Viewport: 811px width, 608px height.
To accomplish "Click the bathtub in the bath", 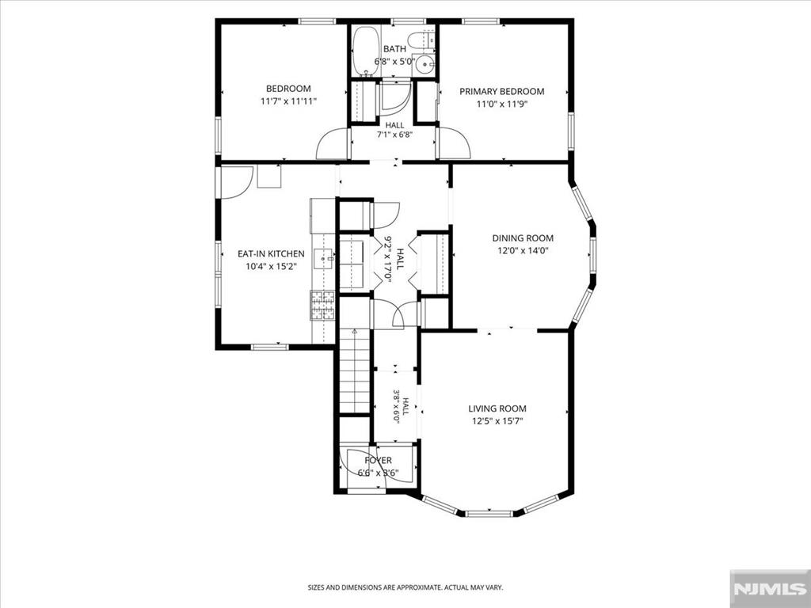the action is [x=366, y=51].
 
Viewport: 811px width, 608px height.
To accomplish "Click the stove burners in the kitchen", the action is [x=322, y=306].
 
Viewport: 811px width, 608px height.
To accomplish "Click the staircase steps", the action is [x=355, y=371].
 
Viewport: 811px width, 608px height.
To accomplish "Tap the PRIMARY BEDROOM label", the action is [x=501, y=92].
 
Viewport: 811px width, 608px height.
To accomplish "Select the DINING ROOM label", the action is [x=523, y=238].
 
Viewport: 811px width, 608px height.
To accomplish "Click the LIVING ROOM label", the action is [x=497, y=408].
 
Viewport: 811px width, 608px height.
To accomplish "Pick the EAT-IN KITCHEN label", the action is [x=271, y=254].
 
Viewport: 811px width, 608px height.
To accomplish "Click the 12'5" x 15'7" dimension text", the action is [x=497, y=421].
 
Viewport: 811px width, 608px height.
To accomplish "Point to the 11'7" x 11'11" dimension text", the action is [x=288, y=101].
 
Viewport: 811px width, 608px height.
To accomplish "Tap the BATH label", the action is [x=394, y=49].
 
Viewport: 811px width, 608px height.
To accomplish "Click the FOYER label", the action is [x=378, y=460].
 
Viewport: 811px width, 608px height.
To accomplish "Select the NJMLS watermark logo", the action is [x=770, y=589].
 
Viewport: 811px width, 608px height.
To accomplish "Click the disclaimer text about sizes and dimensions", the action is [x=405, y=587].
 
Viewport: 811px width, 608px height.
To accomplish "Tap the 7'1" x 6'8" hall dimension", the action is [x=394, y=135].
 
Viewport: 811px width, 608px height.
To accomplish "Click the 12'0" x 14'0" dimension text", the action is [x=523, y=251].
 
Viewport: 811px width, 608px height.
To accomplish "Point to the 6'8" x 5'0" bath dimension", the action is [x=394, y=62].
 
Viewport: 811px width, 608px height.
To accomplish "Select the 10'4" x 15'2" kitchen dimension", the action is [x=271, y=267].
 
